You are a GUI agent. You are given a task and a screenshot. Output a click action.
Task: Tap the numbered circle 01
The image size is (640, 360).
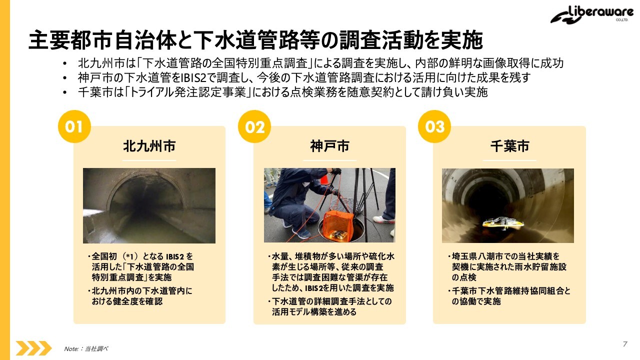point(74,126)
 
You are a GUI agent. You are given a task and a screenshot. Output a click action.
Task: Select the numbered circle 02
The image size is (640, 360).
point(254,126)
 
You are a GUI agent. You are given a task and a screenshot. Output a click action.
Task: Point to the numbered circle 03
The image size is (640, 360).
point(434,126)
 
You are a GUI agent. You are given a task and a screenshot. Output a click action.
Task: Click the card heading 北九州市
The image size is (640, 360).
point(149,146)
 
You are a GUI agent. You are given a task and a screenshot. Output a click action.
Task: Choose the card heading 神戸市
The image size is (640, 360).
point(329,146)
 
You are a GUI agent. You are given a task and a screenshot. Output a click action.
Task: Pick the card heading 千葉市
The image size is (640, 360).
point(509,146)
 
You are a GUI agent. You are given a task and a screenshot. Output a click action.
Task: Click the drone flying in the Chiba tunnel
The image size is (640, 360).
point(503,223)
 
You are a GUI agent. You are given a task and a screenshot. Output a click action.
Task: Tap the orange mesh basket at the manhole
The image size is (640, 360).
point(338,225)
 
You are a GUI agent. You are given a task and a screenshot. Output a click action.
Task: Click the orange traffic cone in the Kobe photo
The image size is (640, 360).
point(323,180)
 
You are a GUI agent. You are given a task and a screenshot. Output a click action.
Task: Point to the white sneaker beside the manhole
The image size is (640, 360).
point(383,219)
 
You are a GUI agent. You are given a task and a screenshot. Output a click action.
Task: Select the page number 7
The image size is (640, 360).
point(625,343)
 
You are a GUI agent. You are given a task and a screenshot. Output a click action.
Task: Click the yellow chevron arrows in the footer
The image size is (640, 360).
point(33,348)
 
